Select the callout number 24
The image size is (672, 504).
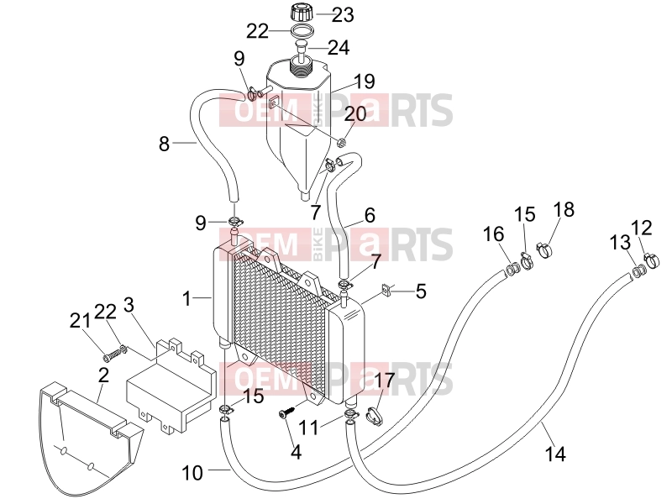(339, 47)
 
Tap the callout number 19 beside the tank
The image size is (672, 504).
(365, 81)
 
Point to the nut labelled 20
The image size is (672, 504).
(342, 142)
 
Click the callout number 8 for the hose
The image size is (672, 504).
(164, 144)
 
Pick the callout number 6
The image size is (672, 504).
(370, 215)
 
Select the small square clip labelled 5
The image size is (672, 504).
(386, 291)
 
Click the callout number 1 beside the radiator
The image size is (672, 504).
(186, 298)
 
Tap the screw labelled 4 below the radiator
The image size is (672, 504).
(286, 412)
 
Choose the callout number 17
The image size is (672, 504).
(384, 380)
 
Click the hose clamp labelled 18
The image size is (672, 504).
(543, 249)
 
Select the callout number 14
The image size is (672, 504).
(555, 454)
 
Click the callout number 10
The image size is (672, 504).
(192, 473)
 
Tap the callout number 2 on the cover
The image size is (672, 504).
(103, 375)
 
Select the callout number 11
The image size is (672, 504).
(308, 428)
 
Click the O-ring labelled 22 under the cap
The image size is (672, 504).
(302, 32)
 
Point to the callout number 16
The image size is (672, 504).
(493, 234)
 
